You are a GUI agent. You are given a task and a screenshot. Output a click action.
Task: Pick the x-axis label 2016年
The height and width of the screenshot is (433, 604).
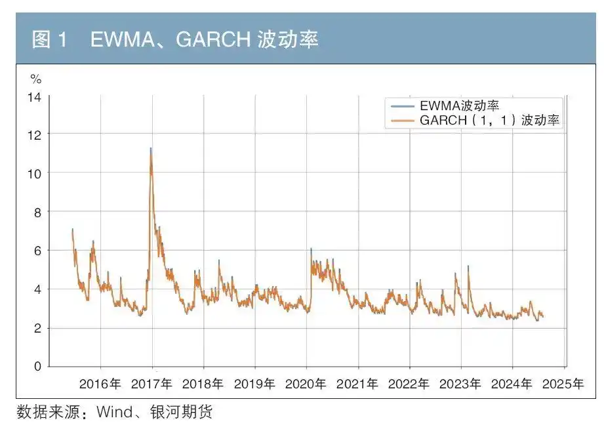tap(100, 384)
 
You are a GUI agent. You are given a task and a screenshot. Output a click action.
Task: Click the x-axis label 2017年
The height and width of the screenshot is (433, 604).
tap(151, 384)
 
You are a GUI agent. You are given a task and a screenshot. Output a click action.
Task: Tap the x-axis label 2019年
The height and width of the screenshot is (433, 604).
tap(254, 384)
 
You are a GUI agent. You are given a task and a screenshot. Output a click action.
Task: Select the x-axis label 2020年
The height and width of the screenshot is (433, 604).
tap(306, 384)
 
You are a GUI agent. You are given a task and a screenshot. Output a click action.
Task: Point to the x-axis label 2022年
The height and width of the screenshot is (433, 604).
tap(409, 384)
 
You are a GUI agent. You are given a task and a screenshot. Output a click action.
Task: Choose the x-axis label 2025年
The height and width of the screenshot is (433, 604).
tap(563, 384)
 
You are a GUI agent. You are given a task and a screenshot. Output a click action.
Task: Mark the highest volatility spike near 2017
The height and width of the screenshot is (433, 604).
tap(151, 149)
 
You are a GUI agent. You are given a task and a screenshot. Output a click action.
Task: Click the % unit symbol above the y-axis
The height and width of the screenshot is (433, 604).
tap(36, 79)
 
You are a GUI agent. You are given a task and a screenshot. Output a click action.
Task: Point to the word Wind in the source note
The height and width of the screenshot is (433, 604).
tap(115, 413)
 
